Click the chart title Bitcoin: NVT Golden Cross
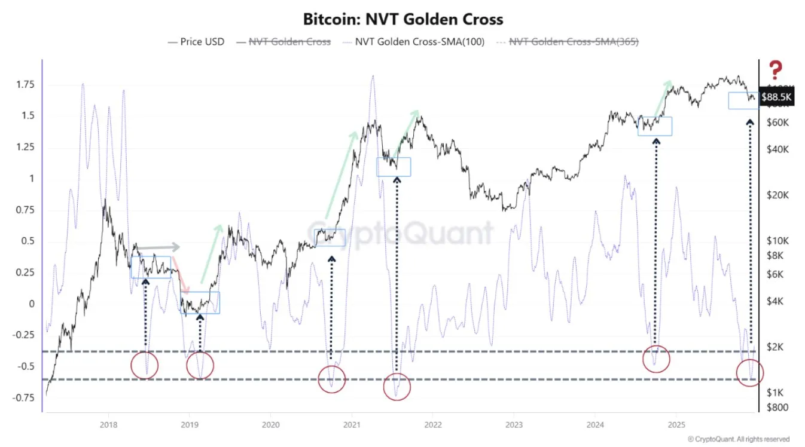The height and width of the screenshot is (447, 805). click(x=403, y=19)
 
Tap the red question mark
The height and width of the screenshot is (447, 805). click(x=775, y=70)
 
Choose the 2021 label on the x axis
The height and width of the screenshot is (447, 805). click(x=352, y=424)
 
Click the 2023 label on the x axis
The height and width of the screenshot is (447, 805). click(x=514, y=424)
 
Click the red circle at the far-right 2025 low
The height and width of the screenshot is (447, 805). click(x=750, y=373)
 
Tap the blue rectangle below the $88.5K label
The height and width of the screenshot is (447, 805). click(x=743, y=100)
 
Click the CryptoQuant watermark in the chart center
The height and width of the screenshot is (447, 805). click(x=402, y=233)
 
